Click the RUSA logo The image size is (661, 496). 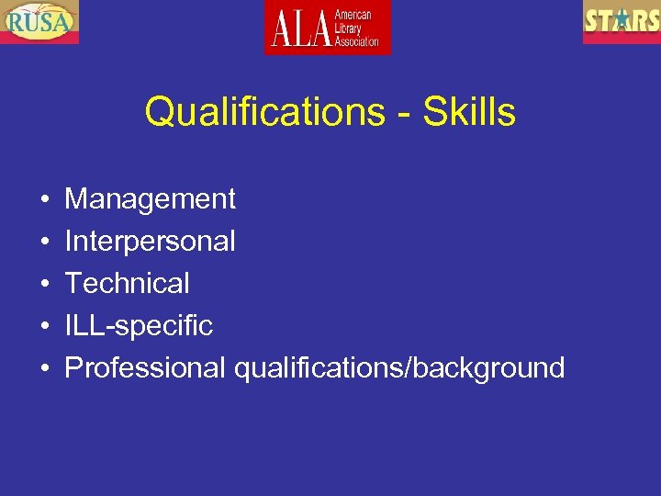coord(39,21)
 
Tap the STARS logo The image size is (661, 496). coord(621,21)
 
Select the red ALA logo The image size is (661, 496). coord(328,28)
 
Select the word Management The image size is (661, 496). coord(150,199)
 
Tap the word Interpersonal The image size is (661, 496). coord(150,242)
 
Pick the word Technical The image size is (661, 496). coord(127,283)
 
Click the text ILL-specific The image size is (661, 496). coord(139,325)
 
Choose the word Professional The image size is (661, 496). coord(144,367)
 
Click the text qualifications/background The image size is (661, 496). coord(399,368)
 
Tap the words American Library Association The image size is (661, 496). coord(357,28)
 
